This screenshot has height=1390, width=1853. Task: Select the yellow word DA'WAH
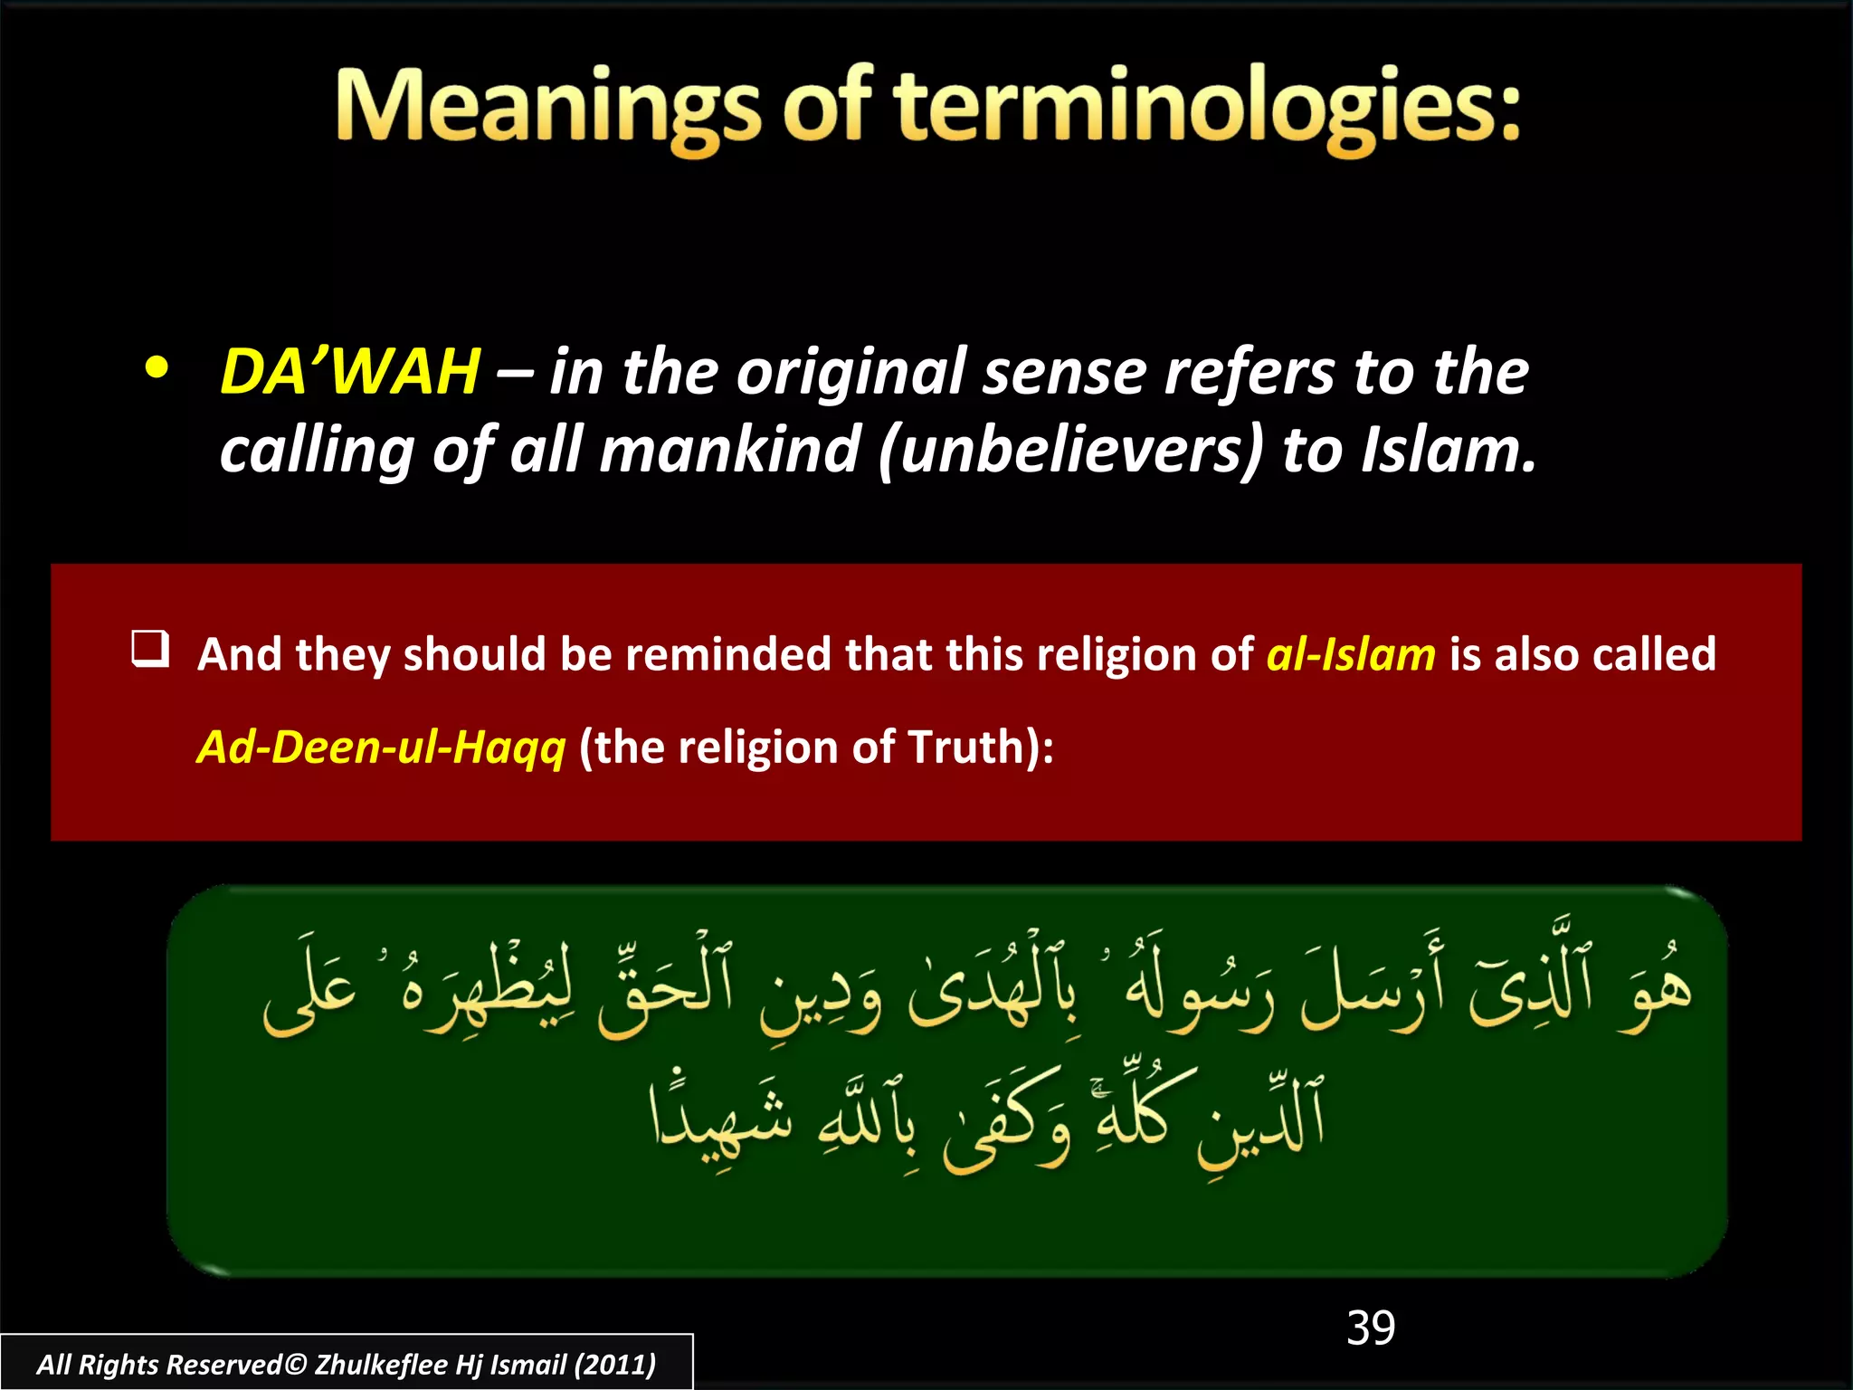[350, 372]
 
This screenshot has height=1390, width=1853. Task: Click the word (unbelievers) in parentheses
[1070, 450]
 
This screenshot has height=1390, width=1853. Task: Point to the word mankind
[729, 450]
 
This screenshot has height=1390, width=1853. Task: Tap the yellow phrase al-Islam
[1350, 653]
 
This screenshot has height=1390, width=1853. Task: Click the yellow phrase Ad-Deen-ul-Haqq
[381, 747]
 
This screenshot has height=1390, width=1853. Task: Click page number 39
[1370, 1328]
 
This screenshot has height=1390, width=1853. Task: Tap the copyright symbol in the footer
[296, 1365]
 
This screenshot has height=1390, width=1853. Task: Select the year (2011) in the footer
[615, 1365]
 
